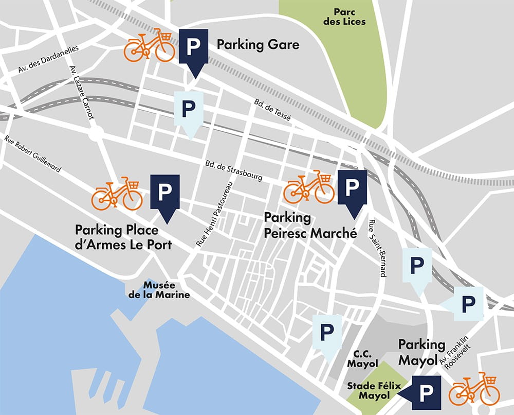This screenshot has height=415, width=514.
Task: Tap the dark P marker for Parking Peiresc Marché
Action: [352, 188]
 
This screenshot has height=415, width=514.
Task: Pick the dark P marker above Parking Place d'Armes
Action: [164, 193]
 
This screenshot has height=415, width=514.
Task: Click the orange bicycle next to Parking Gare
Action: [150, 46]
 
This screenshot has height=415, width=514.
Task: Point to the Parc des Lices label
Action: [350, 16]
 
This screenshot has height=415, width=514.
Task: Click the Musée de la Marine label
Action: [159, 290]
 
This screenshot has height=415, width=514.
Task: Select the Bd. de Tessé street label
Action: [272, 110]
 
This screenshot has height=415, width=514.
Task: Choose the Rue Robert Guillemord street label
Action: [33, 154]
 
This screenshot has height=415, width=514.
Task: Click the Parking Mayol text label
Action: [421, 352]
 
